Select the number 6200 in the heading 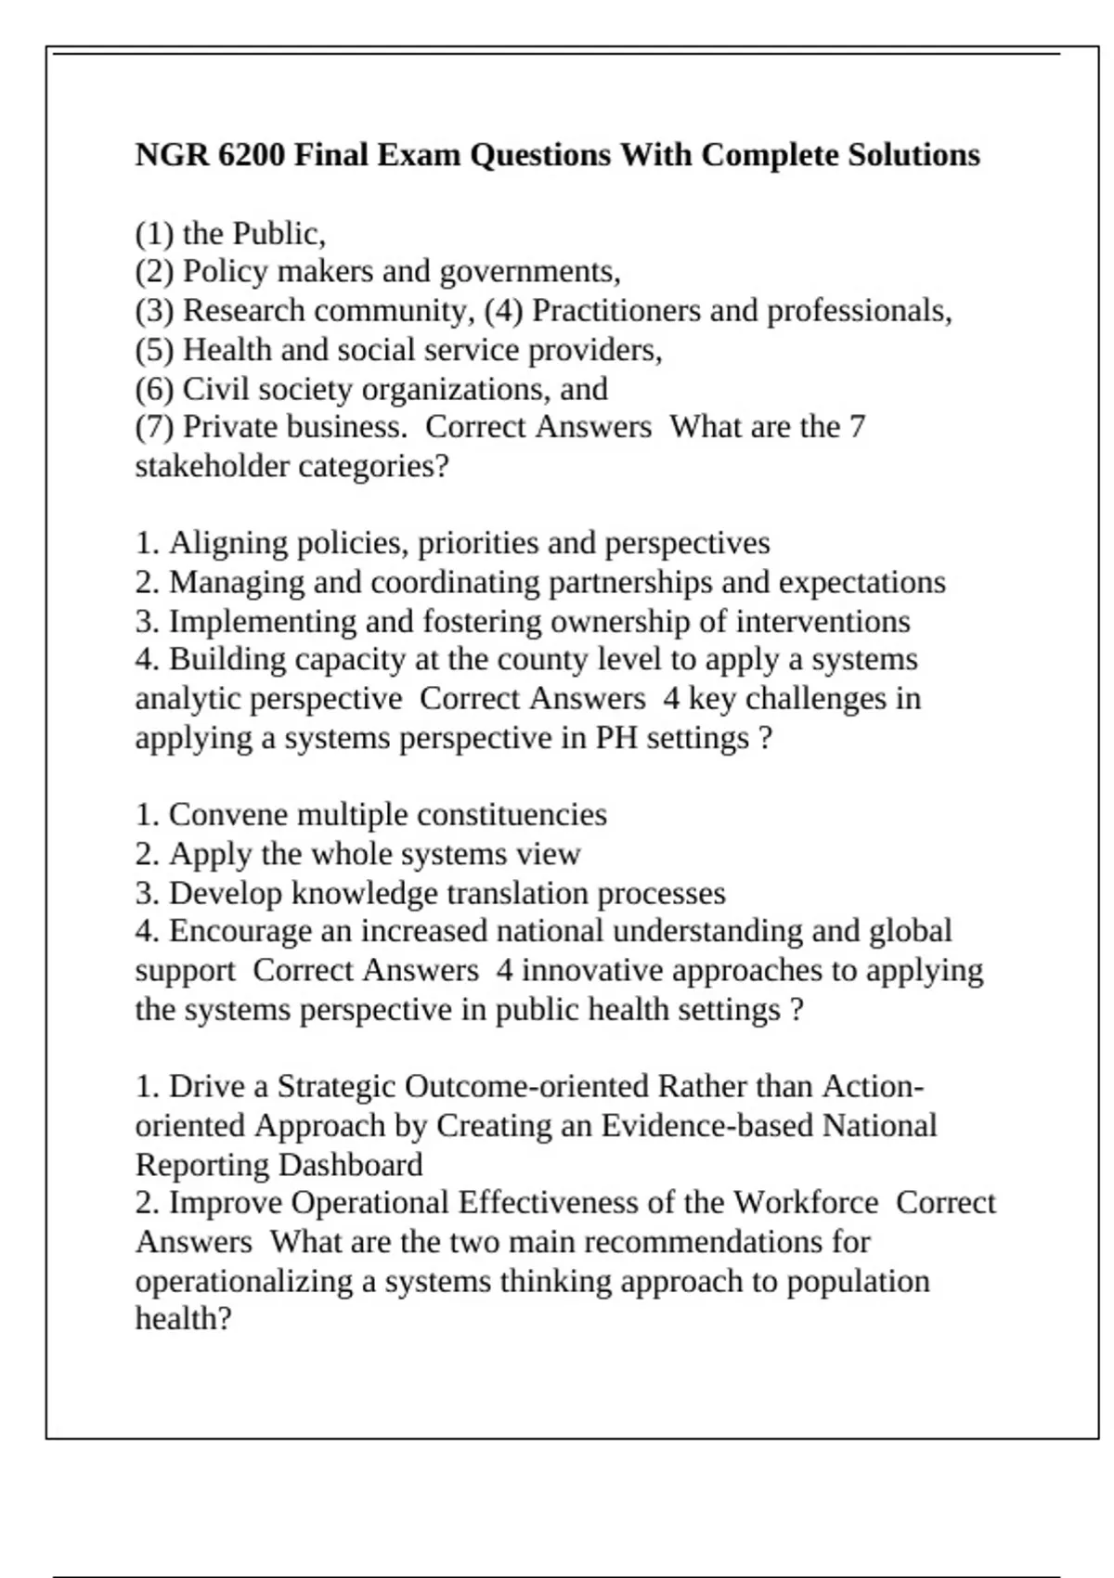coord(252,154)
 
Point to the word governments coord(529,272)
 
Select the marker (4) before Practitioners coord(504,310)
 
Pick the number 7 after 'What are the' coord(857,427)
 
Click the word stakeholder coord(213,466)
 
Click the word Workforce coord(805,1203)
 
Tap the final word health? coord(183,1319)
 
